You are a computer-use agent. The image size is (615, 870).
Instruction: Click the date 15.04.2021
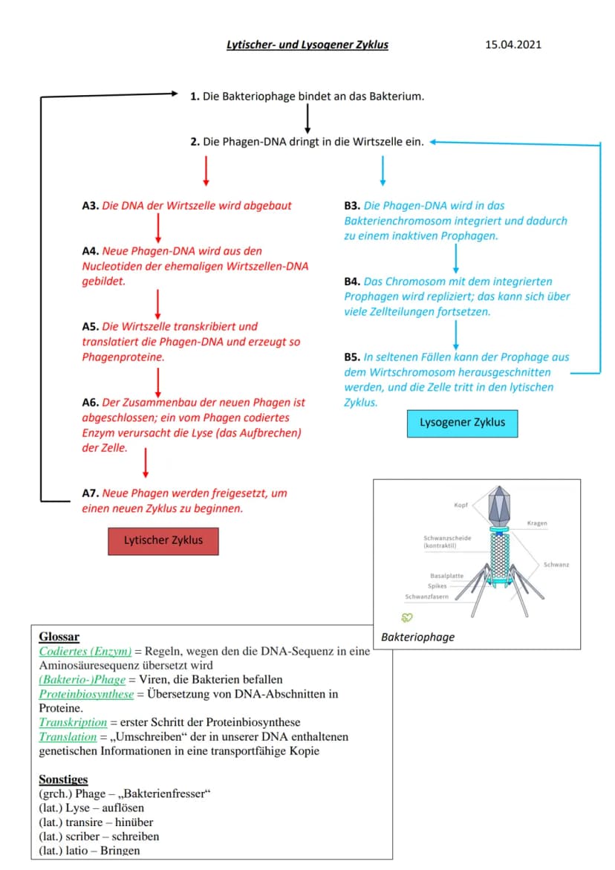513,45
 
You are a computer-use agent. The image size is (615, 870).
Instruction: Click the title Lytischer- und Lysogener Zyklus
307,45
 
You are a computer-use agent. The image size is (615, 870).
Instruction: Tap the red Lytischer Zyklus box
163,541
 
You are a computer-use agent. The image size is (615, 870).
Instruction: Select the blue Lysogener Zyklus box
462,423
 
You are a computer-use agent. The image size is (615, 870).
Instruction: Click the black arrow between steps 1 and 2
307,119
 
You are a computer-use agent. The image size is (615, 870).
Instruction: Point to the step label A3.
91,206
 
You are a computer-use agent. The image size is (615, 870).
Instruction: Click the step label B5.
352,357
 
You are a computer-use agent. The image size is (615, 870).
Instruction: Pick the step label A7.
91,493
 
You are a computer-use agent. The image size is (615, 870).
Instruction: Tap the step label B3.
352,206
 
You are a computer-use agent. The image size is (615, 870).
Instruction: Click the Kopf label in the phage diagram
461,505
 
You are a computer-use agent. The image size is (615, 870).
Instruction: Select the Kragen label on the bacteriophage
537,523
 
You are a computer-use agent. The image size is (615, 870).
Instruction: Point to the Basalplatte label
446,576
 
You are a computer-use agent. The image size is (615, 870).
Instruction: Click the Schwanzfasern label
426,597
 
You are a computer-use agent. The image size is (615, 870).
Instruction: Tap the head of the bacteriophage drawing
500,506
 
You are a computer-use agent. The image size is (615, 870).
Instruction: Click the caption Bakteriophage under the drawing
417,637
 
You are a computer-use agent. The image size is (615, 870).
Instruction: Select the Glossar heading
59,637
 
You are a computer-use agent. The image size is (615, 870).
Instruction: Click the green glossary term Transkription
73,722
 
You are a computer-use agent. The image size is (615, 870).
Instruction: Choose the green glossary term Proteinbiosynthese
86,694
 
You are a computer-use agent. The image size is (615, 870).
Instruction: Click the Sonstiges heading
63,779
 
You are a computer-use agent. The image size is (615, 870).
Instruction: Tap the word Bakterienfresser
164,794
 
